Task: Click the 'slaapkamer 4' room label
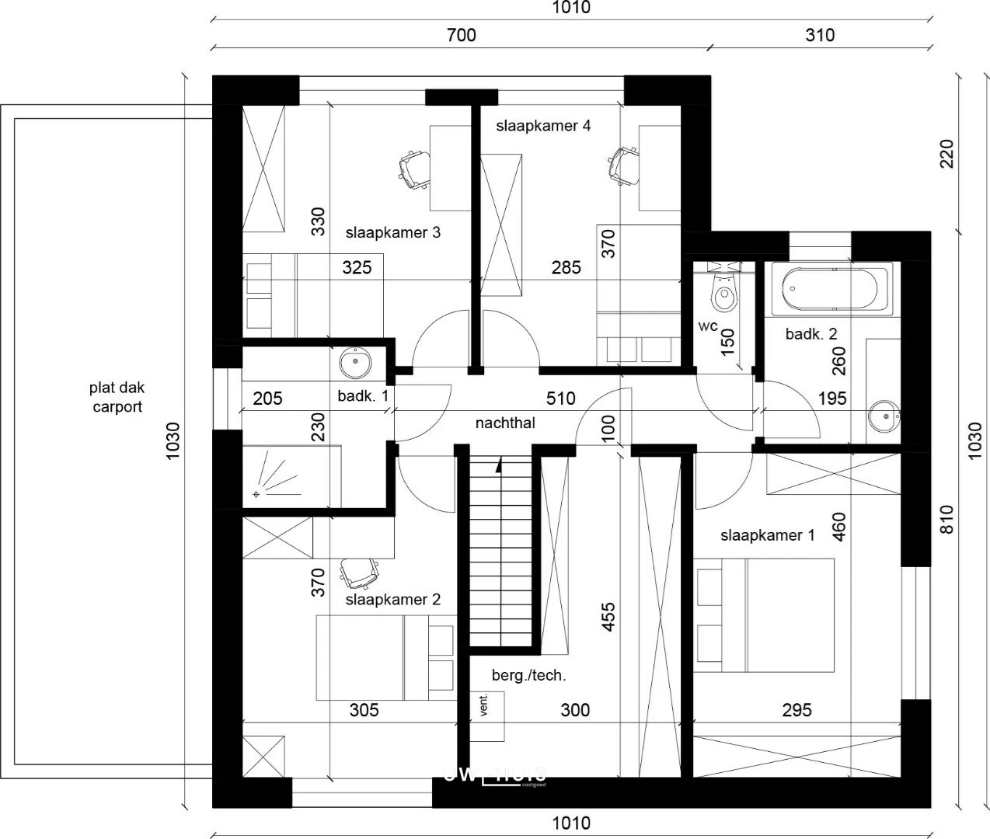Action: tap(543, 126)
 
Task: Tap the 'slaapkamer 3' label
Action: tap(393, 232)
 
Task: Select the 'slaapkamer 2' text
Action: tap(393, 600)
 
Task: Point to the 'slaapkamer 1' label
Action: tap(767, 535)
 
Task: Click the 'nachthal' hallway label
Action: tap(505, 423)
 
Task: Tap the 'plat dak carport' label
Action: tap(117, 397)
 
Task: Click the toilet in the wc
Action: tap(725, 292)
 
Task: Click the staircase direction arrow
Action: tap(498, 465)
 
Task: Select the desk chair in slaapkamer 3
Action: tap(413, 169)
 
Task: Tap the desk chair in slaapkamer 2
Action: tap(359, 573)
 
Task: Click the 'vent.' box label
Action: tap(485, 705)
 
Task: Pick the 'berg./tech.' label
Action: tap(528, 675)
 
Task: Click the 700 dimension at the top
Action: tap(462, 35)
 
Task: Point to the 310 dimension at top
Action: tap(820, 35)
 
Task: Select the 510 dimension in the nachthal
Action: tap(560, 399)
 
